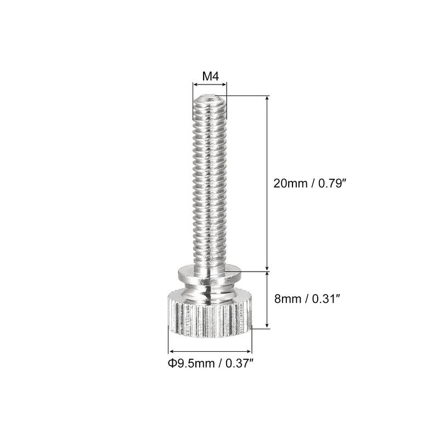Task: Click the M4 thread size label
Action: pos(210,76)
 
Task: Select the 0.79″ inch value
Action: pos(331,184)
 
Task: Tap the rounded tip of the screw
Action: pos(210,99)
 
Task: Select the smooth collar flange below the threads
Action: pos(210,273)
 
